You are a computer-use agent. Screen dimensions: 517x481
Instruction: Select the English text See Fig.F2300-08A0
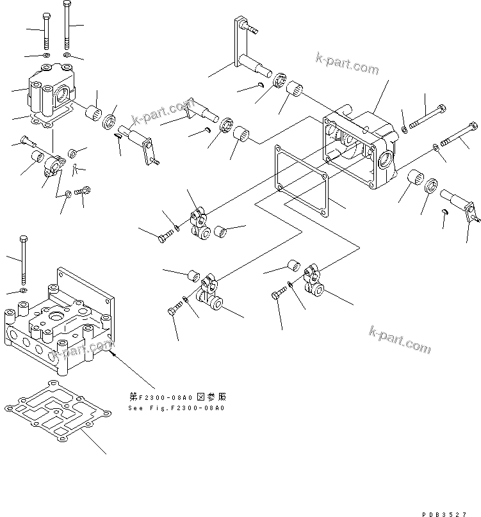[x=177, y=408]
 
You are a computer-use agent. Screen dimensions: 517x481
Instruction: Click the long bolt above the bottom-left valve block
[x=24, y=259]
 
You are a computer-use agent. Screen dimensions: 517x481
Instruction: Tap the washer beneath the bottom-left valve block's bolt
[x=22, y=290]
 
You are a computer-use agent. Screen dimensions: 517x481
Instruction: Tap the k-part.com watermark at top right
[x=348, y=61]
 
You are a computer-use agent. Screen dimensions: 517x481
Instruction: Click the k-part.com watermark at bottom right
[x=400, y=338]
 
